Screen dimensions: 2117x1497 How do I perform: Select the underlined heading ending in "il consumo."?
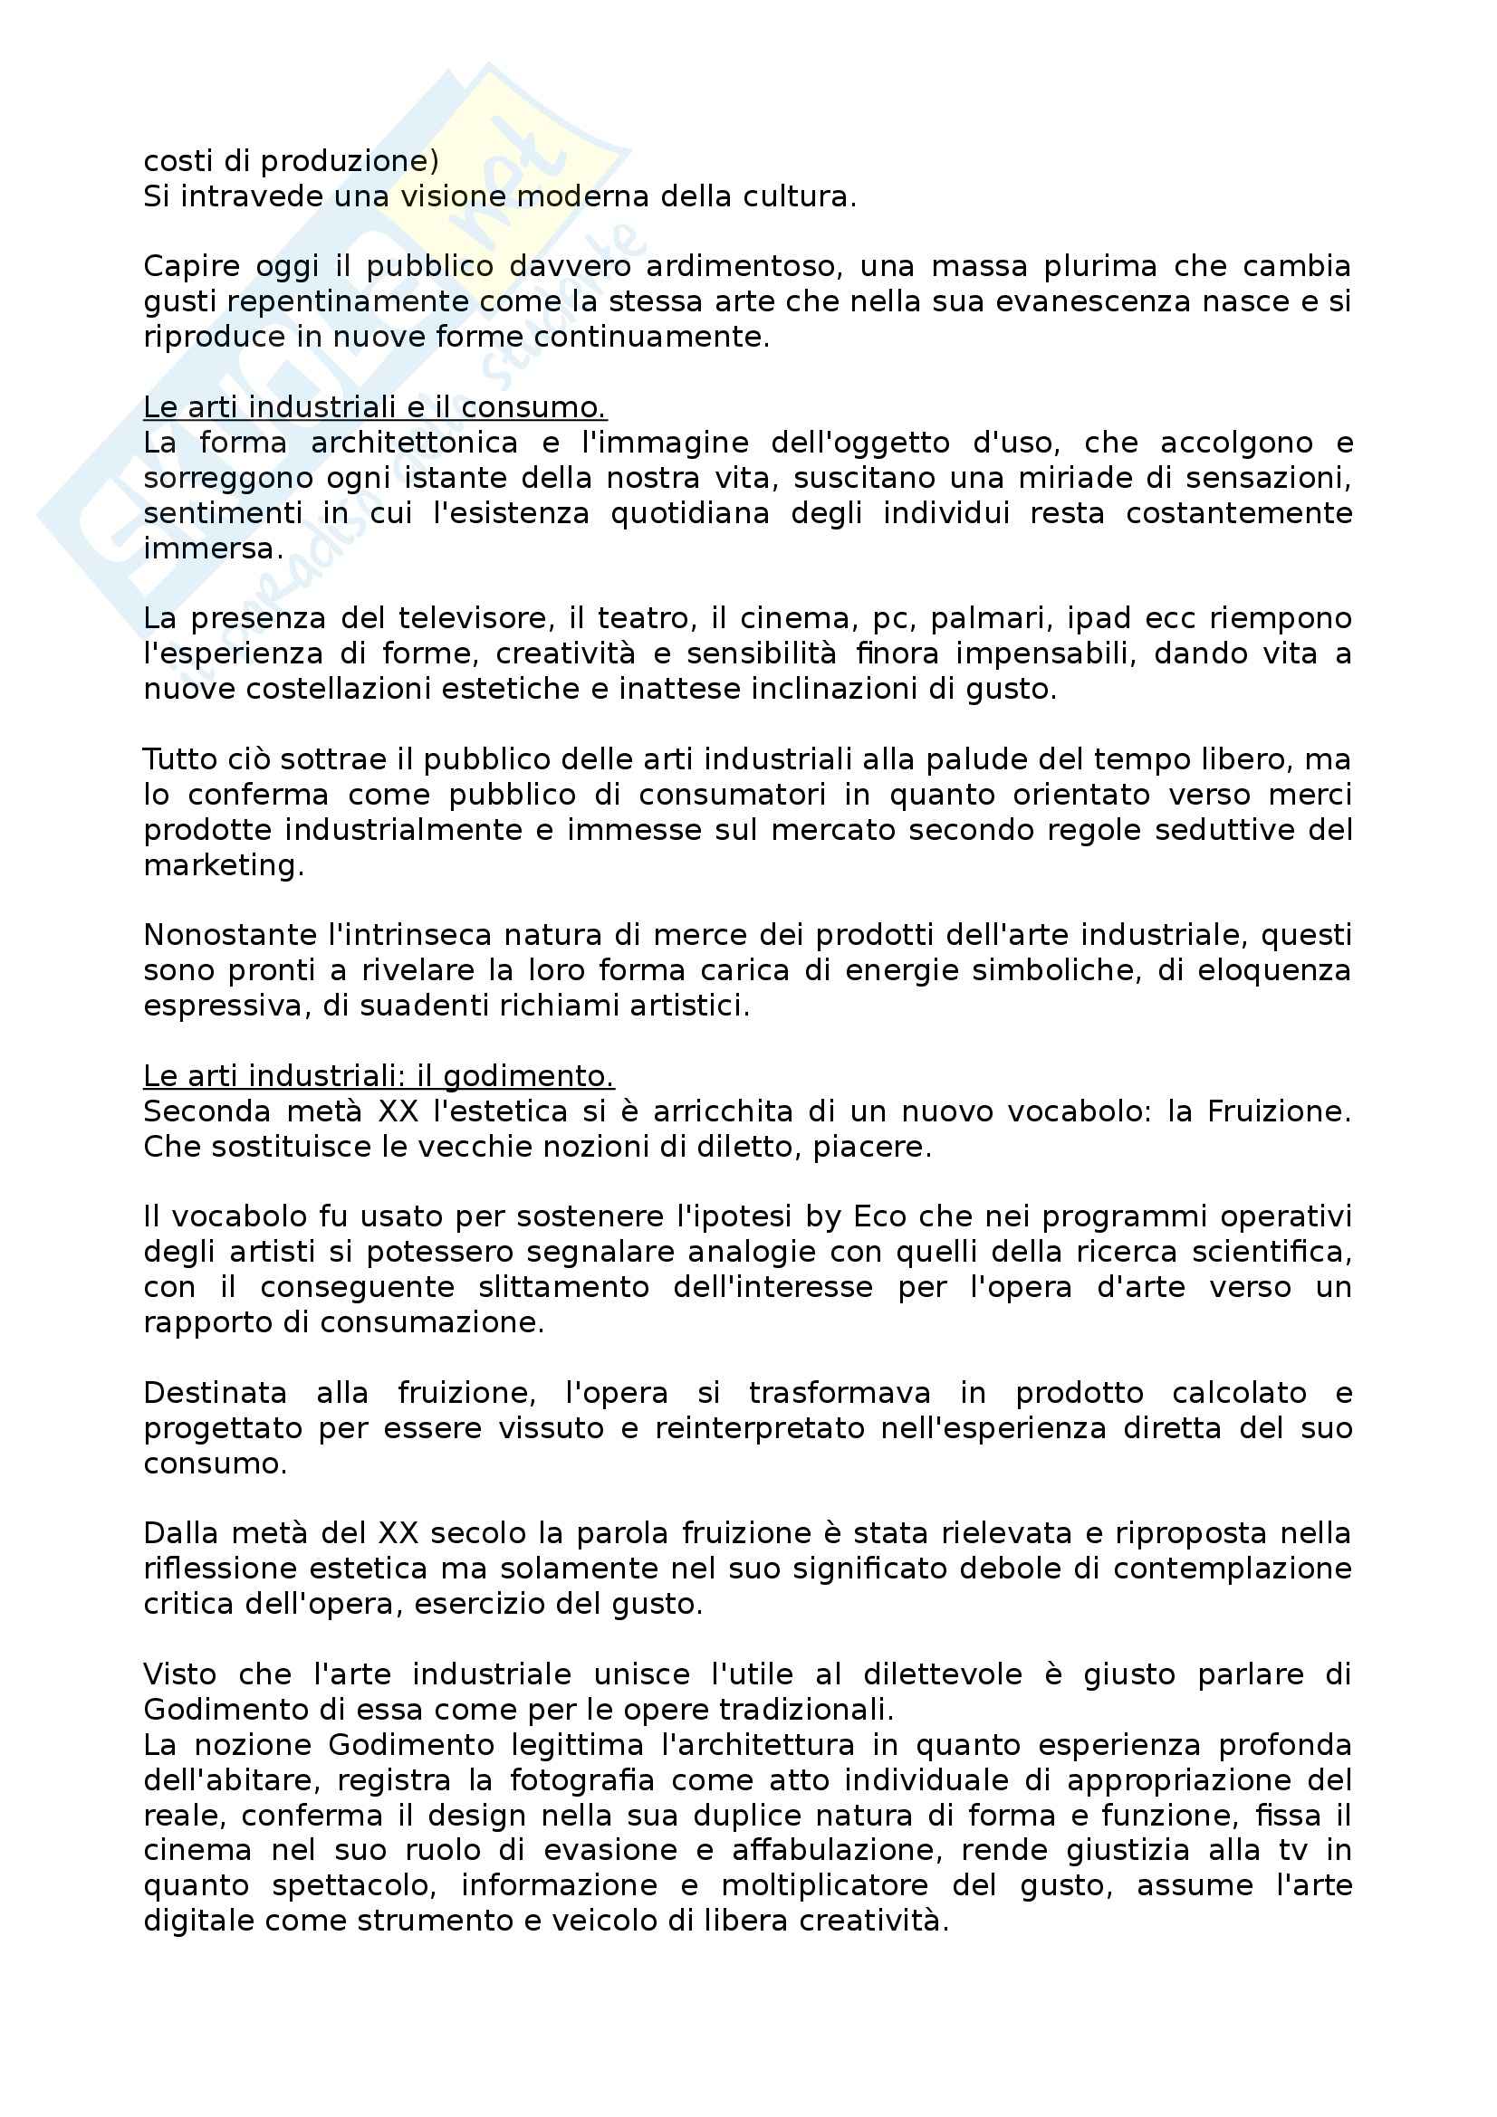click(375, 407)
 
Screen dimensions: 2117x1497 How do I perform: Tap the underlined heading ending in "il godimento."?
click(379, 1076)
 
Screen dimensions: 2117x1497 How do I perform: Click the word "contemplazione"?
click(1232, 1569)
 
